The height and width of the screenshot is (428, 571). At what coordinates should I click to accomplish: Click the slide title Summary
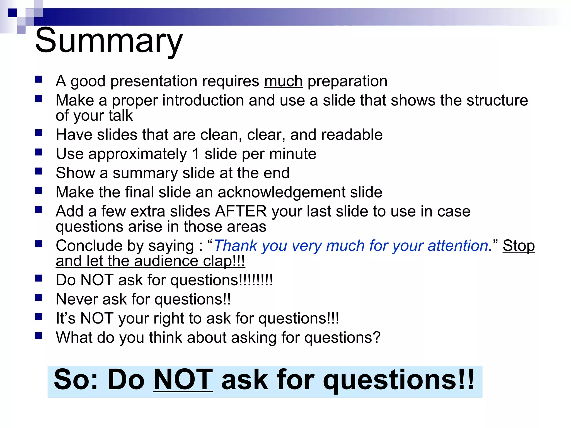point(109,41)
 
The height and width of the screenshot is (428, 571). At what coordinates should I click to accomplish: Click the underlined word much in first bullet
point(283,82)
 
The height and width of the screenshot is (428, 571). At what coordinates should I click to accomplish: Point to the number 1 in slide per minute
point(196,154)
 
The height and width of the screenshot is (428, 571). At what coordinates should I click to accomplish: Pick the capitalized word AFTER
point(241,211)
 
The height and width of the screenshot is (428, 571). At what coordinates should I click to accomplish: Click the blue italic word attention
point(459,246)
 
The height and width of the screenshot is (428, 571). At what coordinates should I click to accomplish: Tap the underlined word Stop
point(519,246)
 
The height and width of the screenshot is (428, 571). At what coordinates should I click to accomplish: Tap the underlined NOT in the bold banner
point(183,380)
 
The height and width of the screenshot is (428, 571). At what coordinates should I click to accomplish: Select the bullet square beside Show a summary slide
point(38,171)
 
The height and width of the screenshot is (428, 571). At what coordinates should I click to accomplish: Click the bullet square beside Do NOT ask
point(38,278)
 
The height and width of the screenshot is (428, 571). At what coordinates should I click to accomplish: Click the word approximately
point(137,154)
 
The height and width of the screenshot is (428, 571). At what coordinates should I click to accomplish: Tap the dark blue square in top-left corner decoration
point(13,13)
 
